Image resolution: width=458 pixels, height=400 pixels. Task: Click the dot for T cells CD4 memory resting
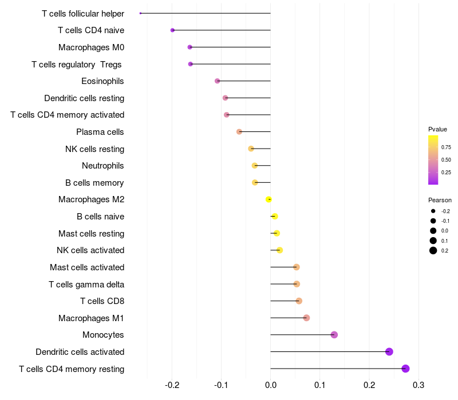tap(406, 369)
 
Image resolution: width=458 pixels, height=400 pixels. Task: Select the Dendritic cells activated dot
tap(389, 351)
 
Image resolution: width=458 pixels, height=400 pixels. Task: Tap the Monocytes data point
tap(334, 335)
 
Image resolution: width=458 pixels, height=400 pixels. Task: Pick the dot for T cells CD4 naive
tap(172, 30)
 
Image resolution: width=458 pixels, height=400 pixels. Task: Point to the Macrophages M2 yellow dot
tap(269, 199)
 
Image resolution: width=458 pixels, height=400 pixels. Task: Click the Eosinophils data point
tap(218, 81)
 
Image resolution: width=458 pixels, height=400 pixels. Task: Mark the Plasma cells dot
tap(239, 132)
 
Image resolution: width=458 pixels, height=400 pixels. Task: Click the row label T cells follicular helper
tap(83, 13)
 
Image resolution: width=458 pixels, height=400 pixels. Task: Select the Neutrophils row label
tap(103, 166)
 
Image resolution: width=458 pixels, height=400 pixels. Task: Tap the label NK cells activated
tap(90, 250)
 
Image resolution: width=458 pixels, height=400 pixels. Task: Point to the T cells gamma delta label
tap(86, 284)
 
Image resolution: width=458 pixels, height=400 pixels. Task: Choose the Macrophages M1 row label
tap(91, 318)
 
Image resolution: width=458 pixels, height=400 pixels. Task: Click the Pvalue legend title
tap(437, 129)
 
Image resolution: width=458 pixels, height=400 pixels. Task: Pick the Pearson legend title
tap(440, 200)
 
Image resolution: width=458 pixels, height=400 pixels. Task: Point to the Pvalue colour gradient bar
tap(433, 160)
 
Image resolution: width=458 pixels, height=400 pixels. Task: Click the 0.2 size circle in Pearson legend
tap(433, 250)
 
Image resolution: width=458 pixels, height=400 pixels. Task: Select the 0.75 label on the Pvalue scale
tap(446, 147)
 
